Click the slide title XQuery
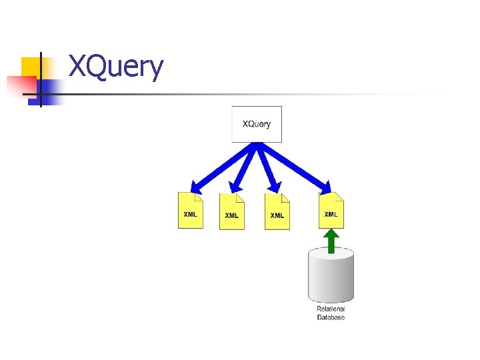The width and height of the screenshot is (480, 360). click(x=116, y=67)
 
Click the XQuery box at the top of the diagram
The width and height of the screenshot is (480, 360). click(x=257, y=124)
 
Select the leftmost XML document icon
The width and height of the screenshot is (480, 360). click(x=190, y=211)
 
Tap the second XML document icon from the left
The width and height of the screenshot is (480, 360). click(x=231, y=212)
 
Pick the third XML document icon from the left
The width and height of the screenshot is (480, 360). click(x=277, y=212)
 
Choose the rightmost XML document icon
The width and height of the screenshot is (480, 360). click(x=331, y=211)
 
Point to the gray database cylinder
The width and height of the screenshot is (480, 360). click(x=331, y=275)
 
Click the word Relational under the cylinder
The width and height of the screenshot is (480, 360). click(x=331, y=309)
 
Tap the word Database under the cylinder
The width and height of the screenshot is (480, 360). click(x=331, y=317)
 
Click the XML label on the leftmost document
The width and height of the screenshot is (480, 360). click(x=190, y=215)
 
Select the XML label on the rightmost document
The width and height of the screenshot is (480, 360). click(x=331, y=214)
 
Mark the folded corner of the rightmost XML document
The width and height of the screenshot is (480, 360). click(x=339, y=196)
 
